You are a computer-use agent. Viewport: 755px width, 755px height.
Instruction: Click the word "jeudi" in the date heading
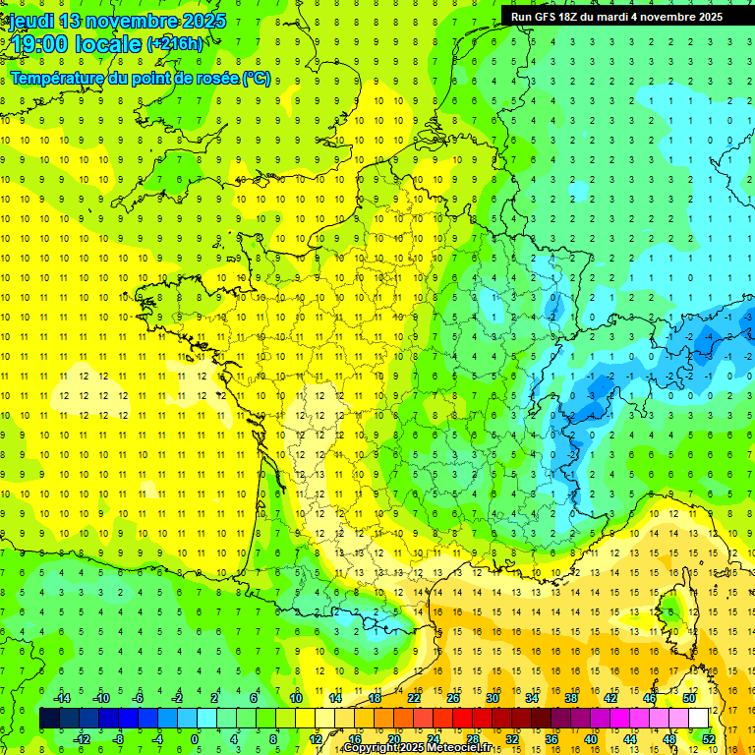pyautogui.click(x=31, y=21)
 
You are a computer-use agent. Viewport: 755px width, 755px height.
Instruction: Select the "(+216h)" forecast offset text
pyautogui.click(x=175, y=44)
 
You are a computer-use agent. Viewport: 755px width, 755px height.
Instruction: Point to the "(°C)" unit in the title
pyautogui.click(x=256, y=79)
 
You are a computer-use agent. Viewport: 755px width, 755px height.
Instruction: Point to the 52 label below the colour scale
pyautogui.click(x=709, y=739)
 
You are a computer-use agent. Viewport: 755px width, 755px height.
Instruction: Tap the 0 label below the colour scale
pyautogui.click(x=195, y=739)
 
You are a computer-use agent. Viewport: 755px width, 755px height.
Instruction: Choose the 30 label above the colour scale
pyautogui.click(x=492, y=698)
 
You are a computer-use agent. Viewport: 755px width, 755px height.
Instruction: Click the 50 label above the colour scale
pyautogui.click(x=688, y=698)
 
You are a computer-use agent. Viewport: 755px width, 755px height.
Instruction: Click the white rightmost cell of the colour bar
pyautogui.click(x=698, y=719)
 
